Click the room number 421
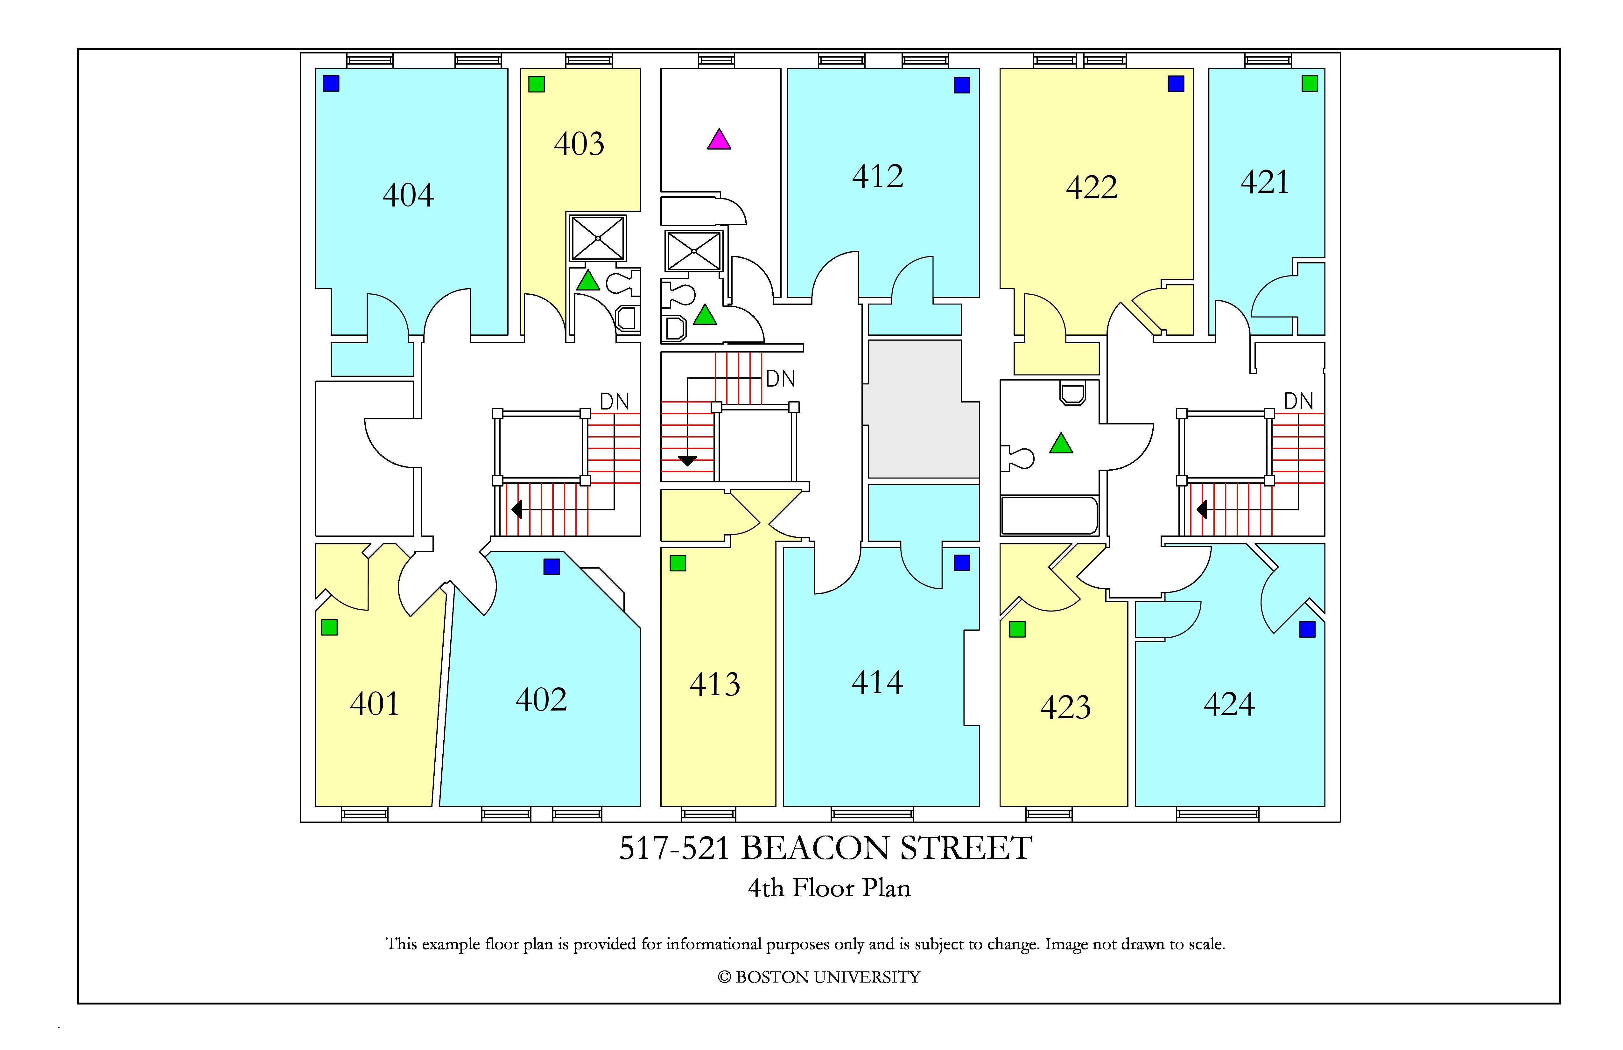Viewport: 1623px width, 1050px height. tap(1265, 182)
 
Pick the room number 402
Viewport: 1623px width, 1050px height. tap(541, 700)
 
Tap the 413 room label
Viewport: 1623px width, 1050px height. tap(715, 684)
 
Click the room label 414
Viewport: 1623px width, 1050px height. tap(878, 682)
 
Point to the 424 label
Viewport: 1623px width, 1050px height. tap(1230, 704)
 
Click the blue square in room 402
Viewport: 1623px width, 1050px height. tap(552, 567)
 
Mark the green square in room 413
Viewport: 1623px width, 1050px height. tap(678, 563)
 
